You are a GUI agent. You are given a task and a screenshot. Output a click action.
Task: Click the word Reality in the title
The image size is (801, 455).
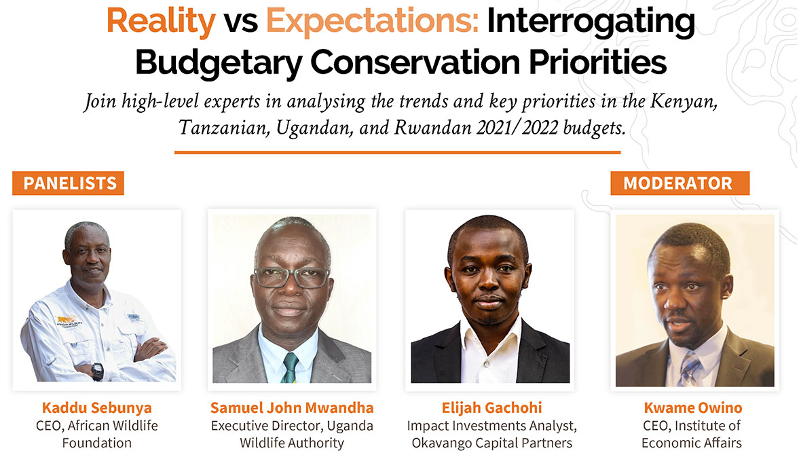click(x=160, y=21)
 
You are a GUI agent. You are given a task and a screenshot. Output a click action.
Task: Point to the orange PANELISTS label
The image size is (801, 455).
click(x=69, y=183)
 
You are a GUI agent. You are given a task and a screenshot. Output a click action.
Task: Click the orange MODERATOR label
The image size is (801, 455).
click(x=679, y=183)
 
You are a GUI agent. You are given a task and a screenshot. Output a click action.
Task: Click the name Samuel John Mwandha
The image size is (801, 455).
click(x=292, y=407)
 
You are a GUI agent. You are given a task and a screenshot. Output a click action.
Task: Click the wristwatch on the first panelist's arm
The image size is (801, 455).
click(x=98, y=371)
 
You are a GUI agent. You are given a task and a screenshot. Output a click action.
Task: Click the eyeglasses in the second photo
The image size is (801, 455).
click(x=291, y=277)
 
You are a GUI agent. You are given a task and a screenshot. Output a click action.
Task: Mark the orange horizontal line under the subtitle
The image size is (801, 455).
click(x=397, y=152)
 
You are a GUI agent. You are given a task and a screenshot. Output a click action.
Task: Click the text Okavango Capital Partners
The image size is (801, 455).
click(x=491, y=443)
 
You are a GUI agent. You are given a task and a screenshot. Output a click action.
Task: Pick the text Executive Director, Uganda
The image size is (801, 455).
click(x=292, y=426)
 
